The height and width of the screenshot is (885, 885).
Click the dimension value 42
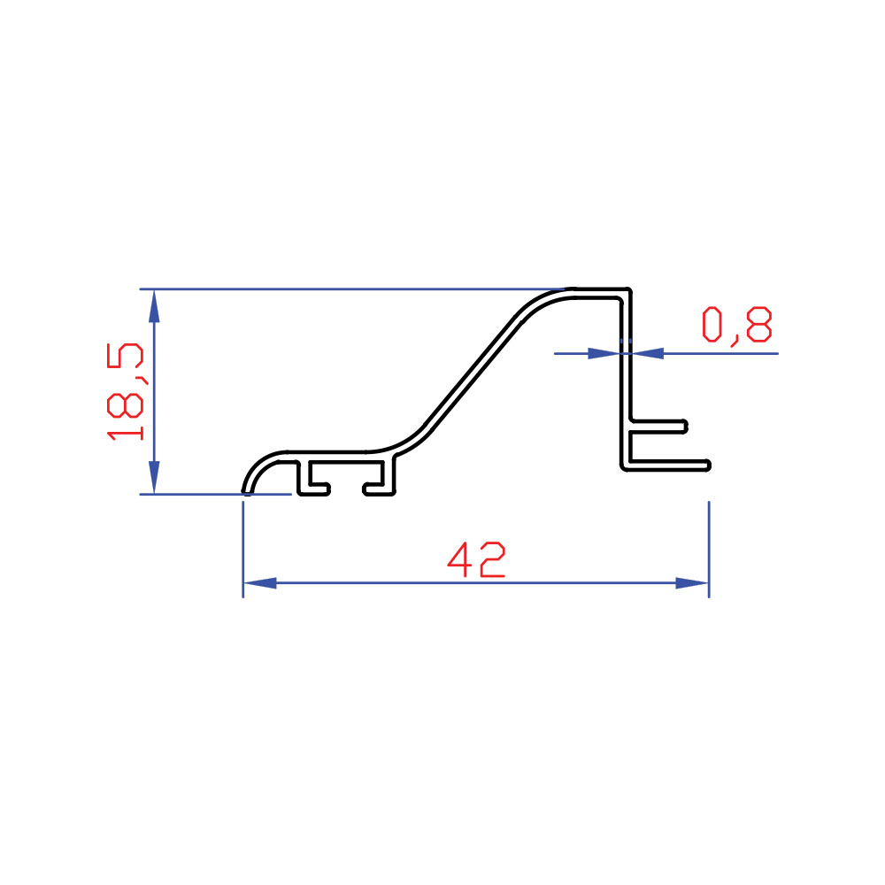pyautogui.click(x=476, y=559)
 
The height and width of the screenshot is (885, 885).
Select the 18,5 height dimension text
pyautogui.click(x=126, y=391)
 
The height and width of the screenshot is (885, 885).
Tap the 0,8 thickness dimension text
pyautogui.click(x=736, y=325)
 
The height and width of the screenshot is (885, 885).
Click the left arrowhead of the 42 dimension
pyautogui.click(x=259, y=583)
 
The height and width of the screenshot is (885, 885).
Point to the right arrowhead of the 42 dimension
pyautogui.click(x=692, y=583)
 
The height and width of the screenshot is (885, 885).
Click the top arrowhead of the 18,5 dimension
pyautogui.click(x=154, y=306)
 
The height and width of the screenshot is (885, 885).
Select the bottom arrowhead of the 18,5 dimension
pyautogui.click(x=154, y=478)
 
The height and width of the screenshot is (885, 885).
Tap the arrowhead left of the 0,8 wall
pyautogui.click(x=604, y=353)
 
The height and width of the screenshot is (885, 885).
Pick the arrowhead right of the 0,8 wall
pyautogui.click(x=648, y=353)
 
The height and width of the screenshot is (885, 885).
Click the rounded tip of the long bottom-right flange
pyautogui.click(x=708, y=466)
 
